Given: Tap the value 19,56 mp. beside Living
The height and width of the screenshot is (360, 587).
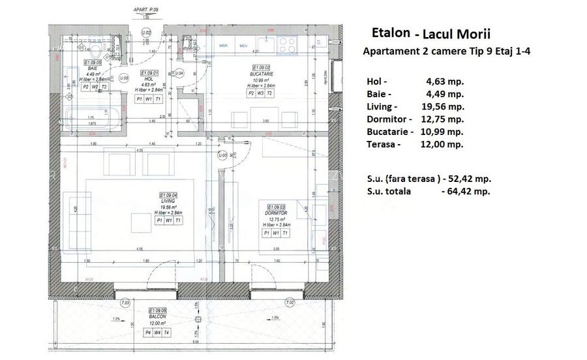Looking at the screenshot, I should click(x=444, y=106).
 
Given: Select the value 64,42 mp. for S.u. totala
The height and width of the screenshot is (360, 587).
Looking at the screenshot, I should click(x=466, y=191).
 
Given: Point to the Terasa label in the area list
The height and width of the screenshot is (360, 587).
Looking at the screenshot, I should click(x=381, y=144).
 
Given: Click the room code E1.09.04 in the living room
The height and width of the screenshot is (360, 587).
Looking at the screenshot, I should click(x=170, y=195).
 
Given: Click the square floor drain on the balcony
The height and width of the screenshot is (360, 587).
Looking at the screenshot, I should click(x=196, y=320).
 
